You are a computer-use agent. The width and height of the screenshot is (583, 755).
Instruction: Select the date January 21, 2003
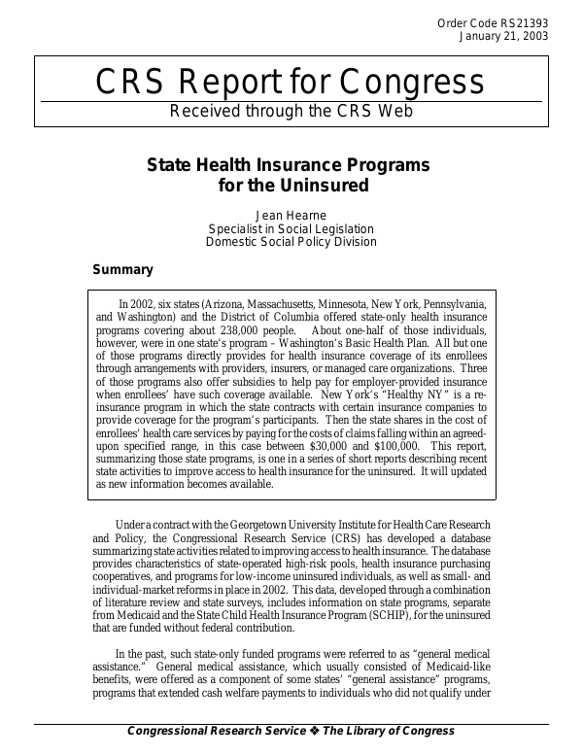(x=502, y=36)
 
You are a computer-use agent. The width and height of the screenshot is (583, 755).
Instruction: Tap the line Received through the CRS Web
(x=291, y=110)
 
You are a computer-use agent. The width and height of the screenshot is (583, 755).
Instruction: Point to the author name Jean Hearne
(x=291, y=214)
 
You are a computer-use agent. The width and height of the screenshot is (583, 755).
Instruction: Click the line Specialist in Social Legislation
(x=291, y=228)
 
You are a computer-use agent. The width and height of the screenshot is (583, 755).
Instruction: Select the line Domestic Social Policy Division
(x=291, y=242)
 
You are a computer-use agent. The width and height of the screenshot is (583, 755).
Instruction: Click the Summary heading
(x=121, y=269)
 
